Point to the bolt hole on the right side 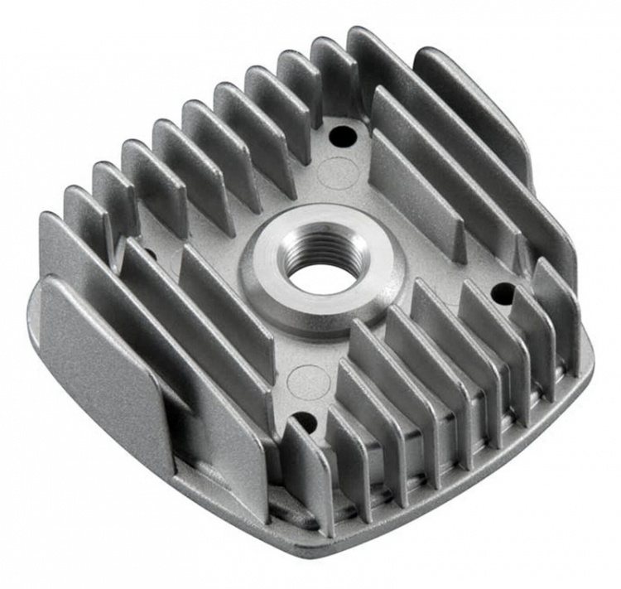(501, 292)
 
